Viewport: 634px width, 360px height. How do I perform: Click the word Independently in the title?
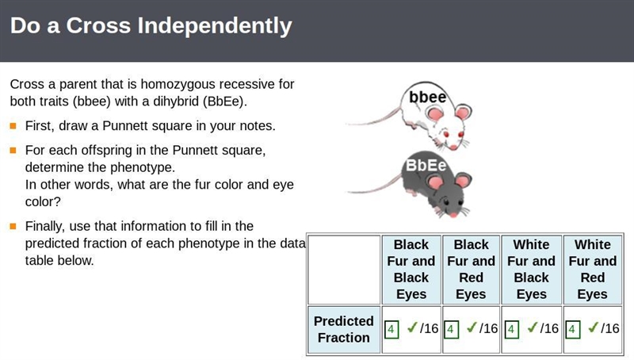214,26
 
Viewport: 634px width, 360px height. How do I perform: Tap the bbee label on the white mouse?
427,97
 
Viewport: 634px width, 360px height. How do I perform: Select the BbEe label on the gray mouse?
426,165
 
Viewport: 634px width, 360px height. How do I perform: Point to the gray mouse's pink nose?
453,214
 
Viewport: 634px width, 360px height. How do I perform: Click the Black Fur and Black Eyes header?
411,269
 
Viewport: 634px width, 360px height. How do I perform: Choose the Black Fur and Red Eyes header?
471,269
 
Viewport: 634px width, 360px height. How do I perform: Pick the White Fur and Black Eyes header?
531,269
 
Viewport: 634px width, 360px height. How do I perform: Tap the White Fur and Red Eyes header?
592,269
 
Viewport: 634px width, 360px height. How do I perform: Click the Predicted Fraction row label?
344,329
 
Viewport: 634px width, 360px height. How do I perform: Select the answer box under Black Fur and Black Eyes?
391,329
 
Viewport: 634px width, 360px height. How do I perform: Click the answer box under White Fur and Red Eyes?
573,329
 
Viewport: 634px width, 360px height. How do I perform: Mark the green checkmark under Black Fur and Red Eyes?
472,327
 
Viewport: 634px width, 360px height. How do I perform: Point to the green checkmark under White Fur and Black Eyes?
533,327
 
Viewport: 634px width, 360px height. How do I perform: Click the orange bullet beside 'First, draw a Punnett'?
13,126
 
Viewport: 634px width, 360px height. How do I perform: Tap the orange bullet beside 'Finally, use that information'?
13,226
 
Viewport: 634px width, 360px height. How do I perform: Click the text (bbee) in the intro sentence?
92,101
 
